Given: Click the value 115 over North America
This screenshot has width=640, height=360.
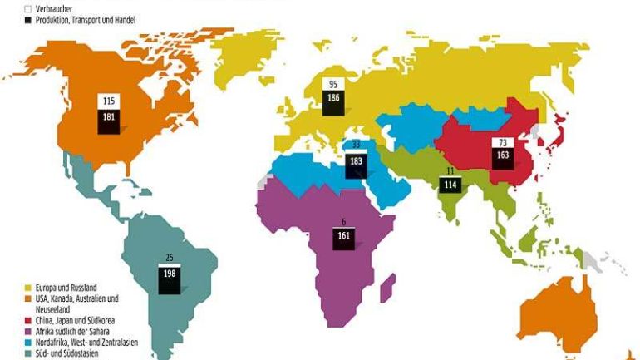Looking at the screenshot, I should click(x=108, y=101).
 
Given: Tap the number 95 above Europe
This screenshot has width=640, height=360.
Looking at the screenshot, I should click(x=332, y=85).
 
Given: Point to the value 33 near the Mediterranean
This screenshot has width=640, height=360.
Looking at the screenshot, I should click(x=356, y=143).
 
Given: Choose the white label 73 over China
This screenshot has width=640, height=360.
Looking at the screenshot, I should click(x=503, y=143).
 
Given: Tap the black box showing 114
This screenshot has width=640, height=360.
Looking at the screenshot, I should click(x=450, y=184).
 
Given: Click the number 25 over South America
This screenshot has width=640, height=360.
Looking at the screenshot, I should click(x=169, y=256).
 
